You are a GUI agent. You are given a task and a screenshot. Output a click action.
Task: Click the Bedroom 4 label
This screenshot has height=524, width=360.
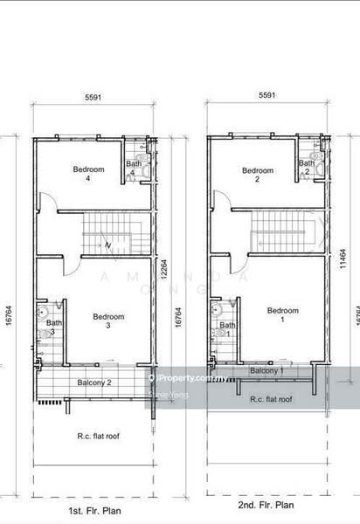click(88, 173)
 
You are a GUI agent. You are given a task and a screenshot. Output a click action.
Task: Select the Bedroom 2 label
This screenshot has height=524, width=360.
click(258, 175)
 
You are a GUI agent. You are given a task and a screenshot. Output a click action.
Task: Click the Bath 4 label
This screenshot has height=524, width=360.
click(133, 168)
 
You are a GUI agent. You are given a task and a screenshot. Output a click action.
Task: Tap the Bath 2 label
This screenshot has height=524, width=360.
click(306, 168)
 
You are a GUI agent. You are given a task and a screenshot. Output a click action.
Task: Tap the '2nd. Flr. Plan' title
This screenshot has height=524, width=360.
click(266, 505)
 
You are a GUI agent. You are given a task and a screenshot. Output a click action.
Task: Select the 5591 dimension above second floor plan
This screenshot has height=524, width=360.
click(267, 94)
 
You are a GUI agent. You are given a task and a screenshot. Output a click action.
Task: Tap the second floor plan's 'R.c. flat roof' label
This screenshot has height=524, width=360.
click(267, 398)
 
